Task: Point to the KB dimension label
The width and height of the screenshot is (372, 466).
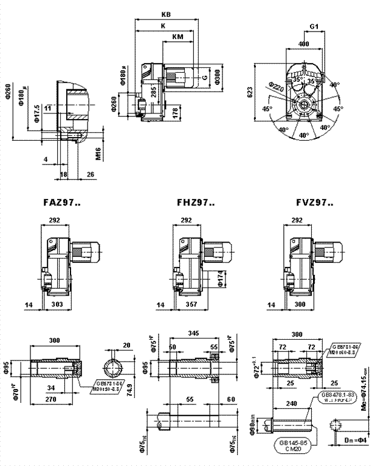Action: (166, 14)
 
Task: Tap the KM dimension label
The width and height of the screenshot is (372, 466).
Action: (177, 37)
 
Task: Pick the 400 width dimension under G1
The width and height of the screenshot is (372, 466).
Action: (303, 44)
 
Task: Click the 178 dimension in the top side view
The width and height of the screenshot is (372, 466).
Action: (174, 112)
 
